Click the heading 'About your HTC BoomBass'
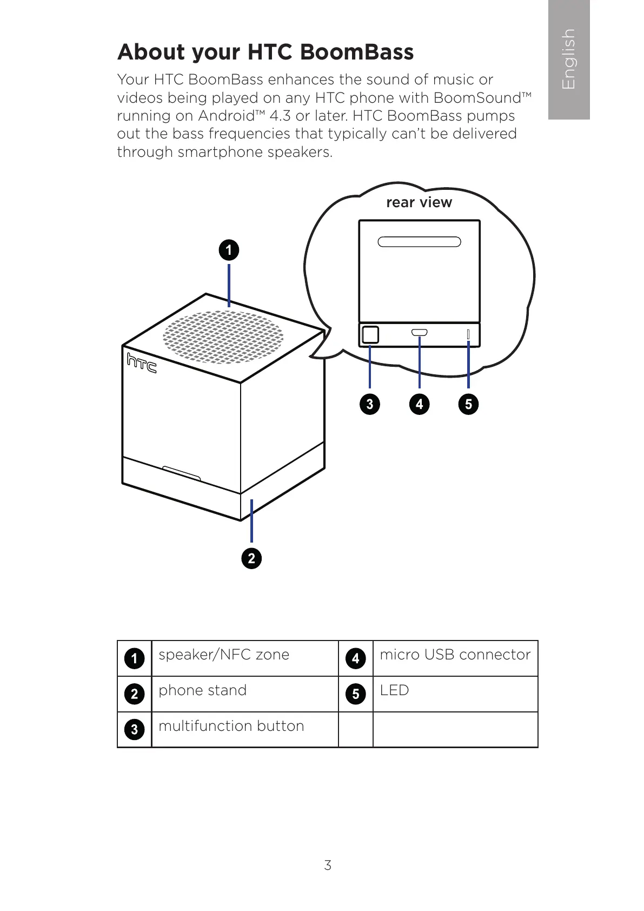point(265,52)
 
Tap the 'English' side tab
point(568,59)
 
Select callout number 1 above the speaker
point(229,250)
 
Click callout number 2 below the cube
point(251,558)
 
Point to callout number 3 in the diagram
point(370,404)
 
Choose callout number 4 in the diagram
point(419,404)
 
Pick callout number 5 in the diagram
point(468,404)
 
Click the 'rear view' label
point(419,202)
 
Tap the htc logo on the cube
point(142,363)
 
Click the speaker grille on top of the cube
point(223,336)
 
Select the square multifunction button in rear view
point(370,335)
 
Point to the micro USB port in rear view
point(419,332)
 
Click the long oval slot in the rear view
point(419,242)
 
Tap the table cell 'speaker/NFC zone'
point(224,655)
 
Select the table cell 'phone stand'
point(203,690)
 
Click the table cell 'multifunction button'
point(231,726)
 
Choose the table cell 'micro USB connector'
point(455,655)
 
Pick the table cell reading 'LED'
point(394,690)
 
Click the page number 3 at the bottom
point(328,865)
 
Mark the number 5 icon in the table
point(355,694)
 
